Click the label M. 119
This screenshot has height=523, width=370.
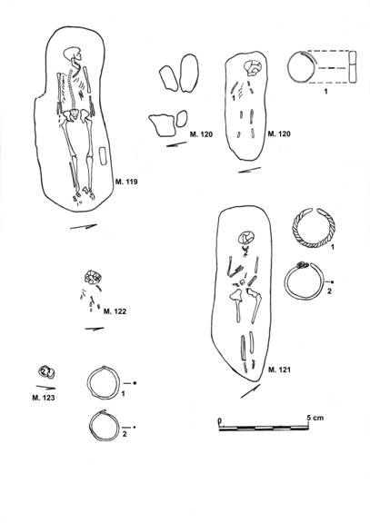tap(126, 182)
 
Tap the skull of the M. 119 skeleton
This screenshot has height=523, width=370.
tap(73, 55)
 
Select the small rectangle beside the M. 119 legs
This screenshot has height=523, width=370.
tap(104, 156)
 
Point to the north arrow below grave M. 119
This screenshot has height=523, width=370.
tap(84, 226)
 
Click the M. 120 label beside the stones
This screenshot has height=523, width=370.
tap(201, 134)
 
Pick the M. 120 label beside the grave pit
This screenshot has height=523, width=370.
tap(279, 134)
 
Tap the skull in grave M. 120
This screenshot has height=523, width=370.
tap(253, 68)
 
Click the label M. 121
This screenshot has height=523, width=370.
tap(279, 370)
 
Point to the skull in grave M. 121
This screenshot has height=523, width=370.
tap(246, 238)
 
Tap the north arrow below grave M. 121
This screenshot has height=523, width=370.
tap(250, 391)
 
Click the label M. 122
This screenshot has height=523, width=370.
tap(115, 311)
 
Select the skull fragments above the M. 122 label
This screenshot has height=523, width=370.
tap(93, 277)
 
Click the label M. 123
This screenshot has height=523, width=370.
tap(44, 398)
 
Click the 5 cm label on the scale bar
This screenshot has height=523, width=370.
tap(315, 418)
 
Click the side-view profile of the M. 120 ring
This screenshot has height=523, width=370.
tap(353, 66)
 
